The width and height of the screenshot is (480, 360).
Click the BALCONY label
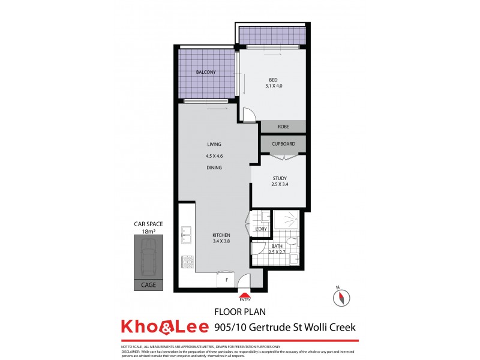pyautogui.click(x=205, y=73)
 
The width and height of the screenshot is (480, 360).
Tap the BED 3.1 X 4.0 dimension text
pyautogui.click(x=273, y=86)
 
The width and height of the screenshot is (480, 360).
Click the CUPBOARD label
pyautogui.click(x=283, y=144)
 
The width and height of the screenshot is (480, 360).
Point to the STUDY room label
pyautogui.click(x=279, y=178)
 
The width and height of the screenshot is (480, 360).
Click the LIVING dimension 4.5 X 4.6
pyautogui.click(x=214, y=156)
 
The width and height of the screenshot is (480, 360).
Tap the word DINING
pyautogui.click(x=214, y=167)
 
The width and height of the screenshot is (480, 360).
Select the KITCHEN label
pyautogui.click(x=221, y=235)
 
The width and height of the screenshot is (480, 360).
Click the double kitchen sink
pyautogui.click(x=187, y=235)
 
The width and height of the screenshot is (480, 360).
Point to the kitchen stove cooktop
pyautogui.click(x=187, y=262)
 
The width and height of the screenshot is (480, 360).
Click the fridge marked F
pyautogui.click(x=226, y=280)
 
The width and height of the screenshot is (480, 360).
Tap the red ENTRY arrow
pyautogui.click(x=244, y=295)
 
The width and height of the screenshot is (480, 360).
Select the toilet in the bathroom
pyautogui.click(x=290, y=242)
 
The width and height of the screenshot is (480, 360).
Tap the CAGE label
pyautogui.click(x=148, y=285)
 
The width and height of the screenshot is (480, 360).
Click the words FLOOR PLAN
pyautogui.click(x=240, y=312)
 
